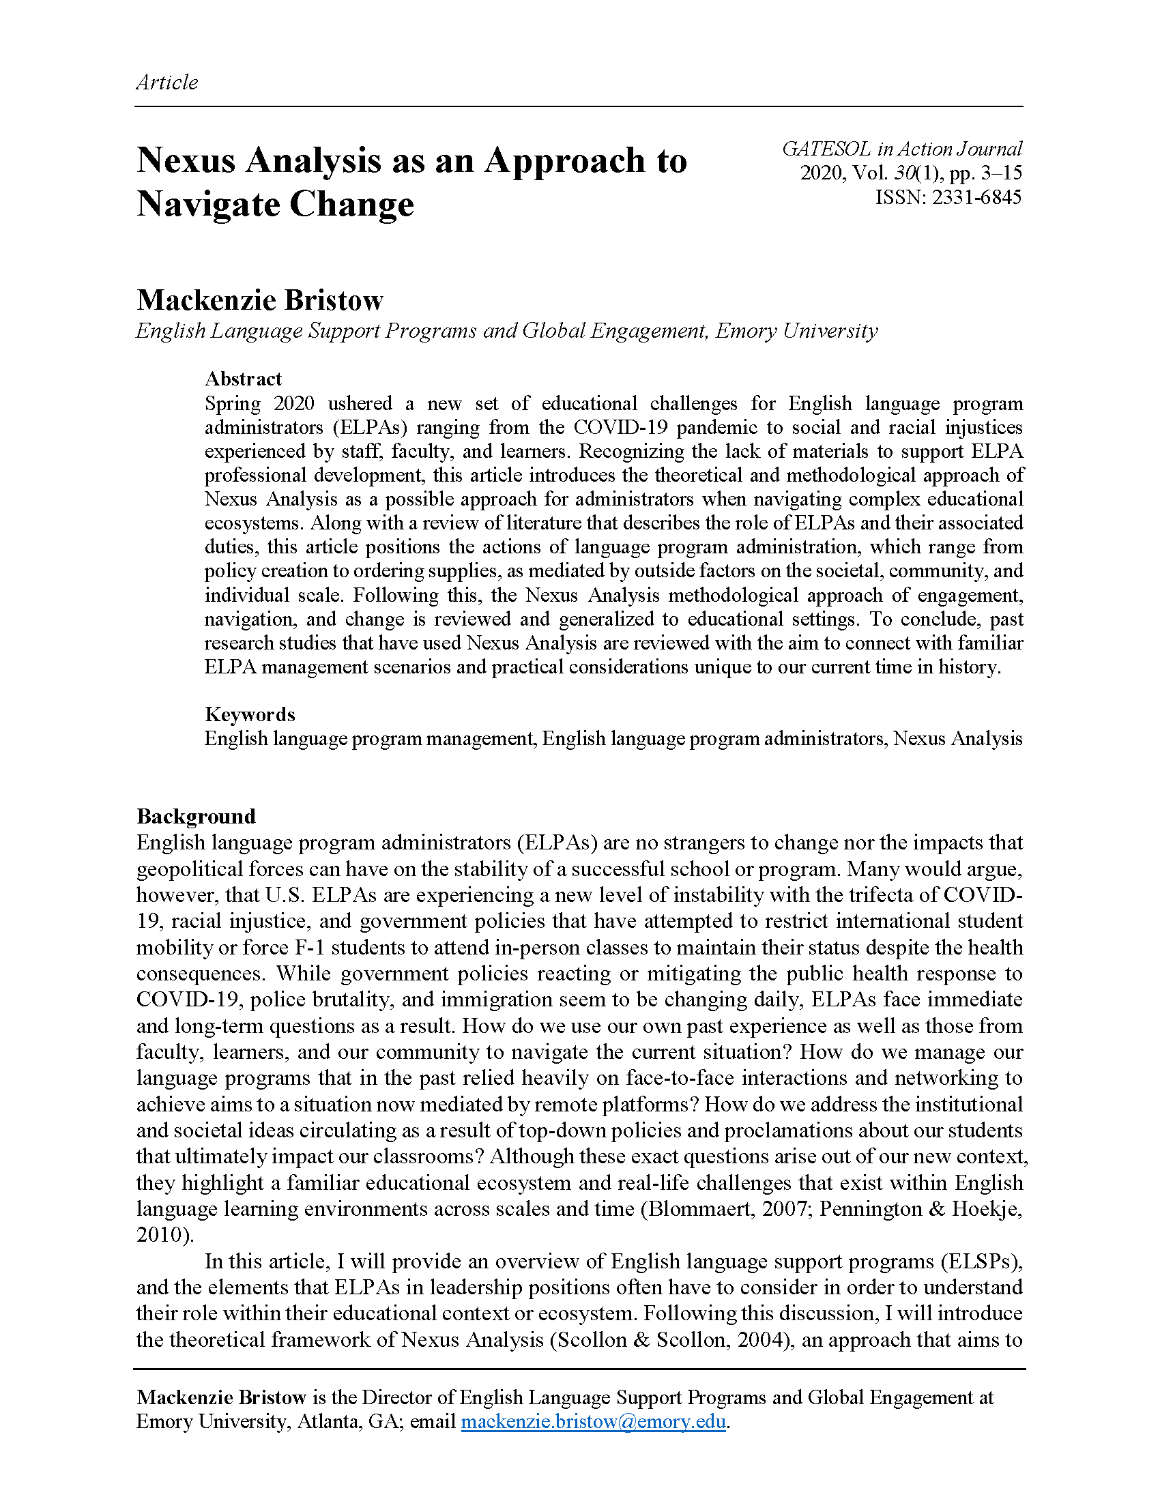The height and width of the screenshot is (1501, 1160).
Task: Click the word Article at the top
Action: click(167, 83)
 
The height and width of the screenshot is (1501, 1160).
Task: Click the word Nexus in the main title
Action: click(186, 160)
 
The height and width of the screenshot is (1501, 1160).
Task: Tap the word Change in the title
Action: click(351, 204)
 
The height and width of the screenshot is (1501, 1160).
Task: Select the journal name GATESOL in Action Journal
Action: click(901, 149)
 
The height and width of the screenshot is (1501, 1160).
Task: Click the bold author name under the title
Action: click(260, 300)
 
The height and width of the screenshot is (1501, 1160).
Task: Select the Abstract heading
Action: click(244, 379)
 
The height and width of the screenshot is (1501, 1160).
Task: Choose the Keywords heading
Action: click(250, 714)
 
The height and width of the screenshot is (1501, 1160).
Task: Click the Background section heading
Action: click(196, 816)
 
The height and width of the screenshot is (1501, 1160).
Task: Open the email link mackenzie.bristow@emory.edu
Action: click(593, 1421)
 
